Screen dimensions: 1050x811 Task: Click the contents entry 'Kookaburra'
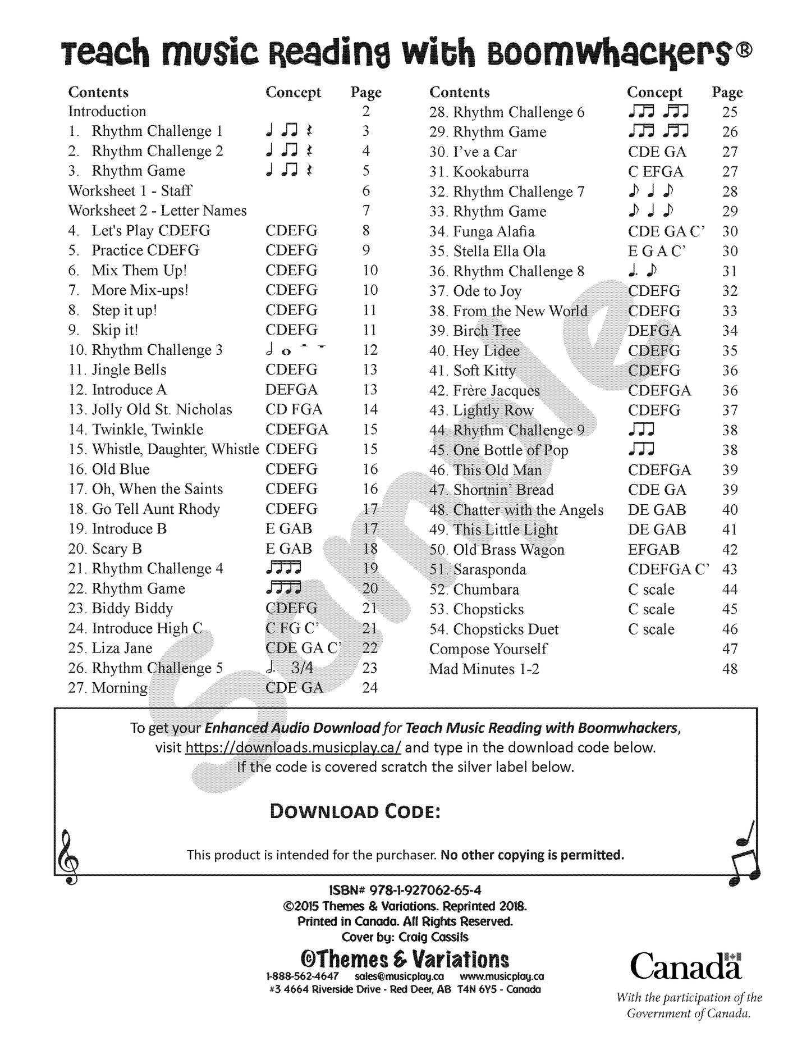tap(491, 172)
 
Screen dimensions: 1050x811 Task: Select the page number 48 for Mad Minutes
tap(730, 669)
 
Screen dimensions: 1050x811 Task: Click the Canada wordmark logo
tap(685, 966)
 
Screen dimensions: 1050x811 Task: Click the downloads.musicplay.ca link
tap(293, 748)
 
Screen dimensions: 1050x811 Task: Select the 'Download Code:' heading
tap(355, 812)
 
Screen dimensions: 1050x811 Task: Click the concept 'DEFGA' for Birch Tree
tap(654, 331)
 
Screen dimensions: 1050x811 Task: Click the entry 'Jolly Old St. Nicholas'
tap(162, 409)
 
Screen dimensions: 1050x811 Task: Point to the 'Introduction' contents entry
tap(107, 111)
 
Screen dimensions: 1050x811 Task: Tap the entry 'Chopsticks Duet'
tap(505, 629)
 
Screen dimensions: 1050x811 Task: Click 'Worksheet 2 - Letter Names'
tap(158, 211)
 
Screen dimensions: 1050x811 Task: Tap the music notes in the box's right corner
tap(745, 853)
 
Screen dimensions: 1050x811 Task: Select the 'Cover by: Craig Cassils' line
tap(405, 937)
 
